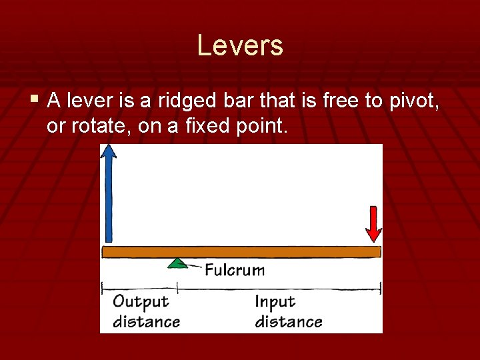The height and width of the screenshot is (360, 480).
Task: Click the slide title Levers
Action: (x=240, y=46)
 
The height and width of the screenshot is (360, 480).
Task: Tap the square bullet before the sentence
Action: (x=35, y=100)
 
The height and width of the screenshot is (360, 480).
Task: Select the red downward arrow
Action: (x=373, y=223)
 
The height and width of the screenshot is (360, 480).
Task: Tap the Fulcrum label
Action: (x=234, y=270)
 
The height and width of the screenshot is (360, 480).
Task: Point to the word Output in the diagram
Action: (x=141, y=301)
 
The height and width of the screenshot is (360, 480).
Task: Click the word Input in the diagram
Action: (x=275, y=301)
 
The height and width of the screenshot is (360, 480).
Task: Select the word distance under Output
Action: (x=146, y=321)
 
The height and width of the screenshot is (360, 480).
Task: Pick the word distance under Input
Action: (x=288, y=321)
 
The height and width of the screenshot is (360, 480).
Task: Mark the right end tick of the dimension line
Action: (x=381, y=288)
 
